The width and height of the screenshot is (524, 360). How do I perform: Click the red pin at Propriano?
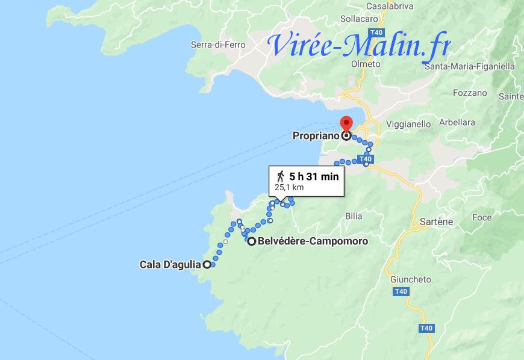tap(346, 123)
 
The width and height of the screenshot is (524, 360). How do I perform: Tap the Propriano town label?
tap(316, 136)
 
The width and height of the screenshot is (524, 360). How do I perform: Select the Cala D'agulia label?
tap(170, 264)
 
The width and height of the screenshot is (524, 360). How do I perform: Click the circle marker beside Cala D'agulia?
tap(207, 264)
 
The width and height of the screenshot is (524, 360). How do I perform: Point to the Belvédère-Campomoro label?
tap(312, 241)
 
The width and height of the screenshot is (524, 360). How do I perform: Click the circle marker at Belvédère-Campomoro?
tap(251, 241)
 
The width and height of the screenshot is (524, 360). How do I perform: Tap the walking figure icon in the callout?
tap(281, 176)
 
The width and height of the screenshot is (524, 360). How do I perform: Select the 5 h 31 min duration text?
tap(314, 176)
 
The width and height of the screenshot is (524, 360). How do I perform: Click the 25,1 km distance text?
tap(289, 187)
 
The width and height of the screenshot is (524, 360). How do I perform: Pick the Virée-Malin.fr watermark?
tap(360, 45)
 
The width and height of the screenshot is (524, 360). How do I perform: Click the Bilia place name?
tap(354, 216)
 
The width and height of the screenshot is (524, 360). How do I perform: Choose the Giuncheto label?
tap(411, 279)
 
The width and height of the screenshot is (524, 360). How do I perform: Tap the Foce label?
tap(482, 217)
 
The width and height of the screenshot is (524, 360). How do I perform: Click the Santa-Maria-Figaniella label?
tap(468, 66)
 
